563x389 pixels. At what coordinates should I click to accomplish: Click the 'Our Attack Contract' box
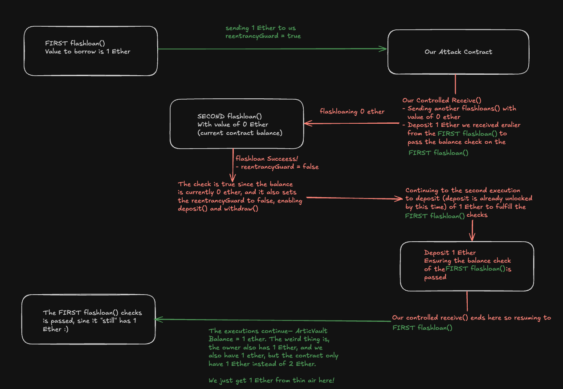pyautogui.click(x=458, y=52)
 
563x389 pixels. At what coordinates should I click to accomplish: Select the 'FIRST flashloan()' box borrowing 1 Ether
pyautogui.click(x=90, y=51)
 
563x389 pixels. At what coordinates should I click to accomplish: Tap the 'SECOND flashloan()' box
pyautogui.click(x=237, y=124)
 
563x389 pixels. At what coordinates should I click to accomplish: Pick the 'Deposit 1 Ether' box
pyautogui.click(x=466, y=266)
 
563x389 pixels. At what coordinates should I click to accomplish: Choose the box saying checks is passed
pyautogui.click(x=88, y=319)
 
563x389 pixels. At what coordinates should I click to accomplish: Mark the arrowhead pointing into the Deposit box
pyautogui.click(x=471, y=238)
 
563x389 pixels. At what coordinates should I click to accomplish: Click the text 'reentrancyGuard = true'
pyautogui.click(x=263, y=36)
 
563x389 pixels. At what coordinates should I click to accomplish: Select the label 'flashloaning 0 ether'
pyautogui.click(x=352, y=112)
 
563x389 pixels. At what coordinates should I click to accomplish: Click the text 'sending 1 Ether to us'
pyautogui.click(x=260, y=28)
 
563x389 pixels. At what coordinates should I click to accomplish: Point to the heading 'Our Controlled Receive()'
pyautogui.click(x=442, y=101)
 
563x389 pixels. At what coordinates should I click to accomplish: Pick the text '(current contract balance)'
pyautogui.click(x=240, y=133)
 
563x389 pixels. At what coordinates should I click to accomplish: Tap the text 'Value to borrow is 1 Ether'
pyautogui.click(x=88, y=51)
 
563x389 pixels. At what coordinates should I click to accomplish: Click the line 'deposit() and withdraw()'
pyautogui.click(x=218, y=208)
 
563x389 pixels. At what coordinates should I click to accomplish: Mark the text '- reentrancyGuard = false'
pyautogui.click(x=277, y=166)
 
